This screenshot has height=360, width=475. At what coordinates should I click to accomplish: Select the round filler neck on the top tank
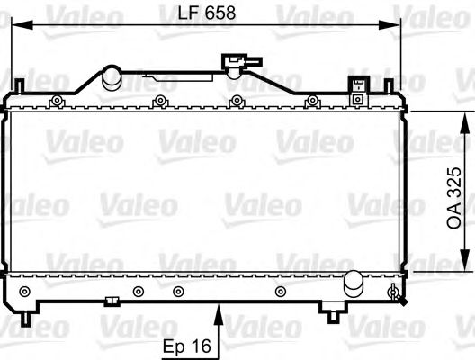112,77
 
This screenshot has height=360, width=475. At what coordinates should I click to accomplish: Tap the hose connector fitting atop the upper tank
240,64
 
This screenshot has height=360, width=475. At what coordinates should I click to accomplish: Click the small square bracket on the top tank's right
358,84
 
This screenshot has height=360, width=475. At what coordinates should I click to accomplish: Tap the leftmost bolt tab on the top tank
57,99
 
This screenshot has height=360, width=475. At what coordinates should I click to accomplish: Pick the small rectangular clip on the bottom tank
112,301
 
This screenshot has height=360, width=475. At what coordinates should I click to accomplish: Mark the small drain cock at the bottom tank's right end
393,292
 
